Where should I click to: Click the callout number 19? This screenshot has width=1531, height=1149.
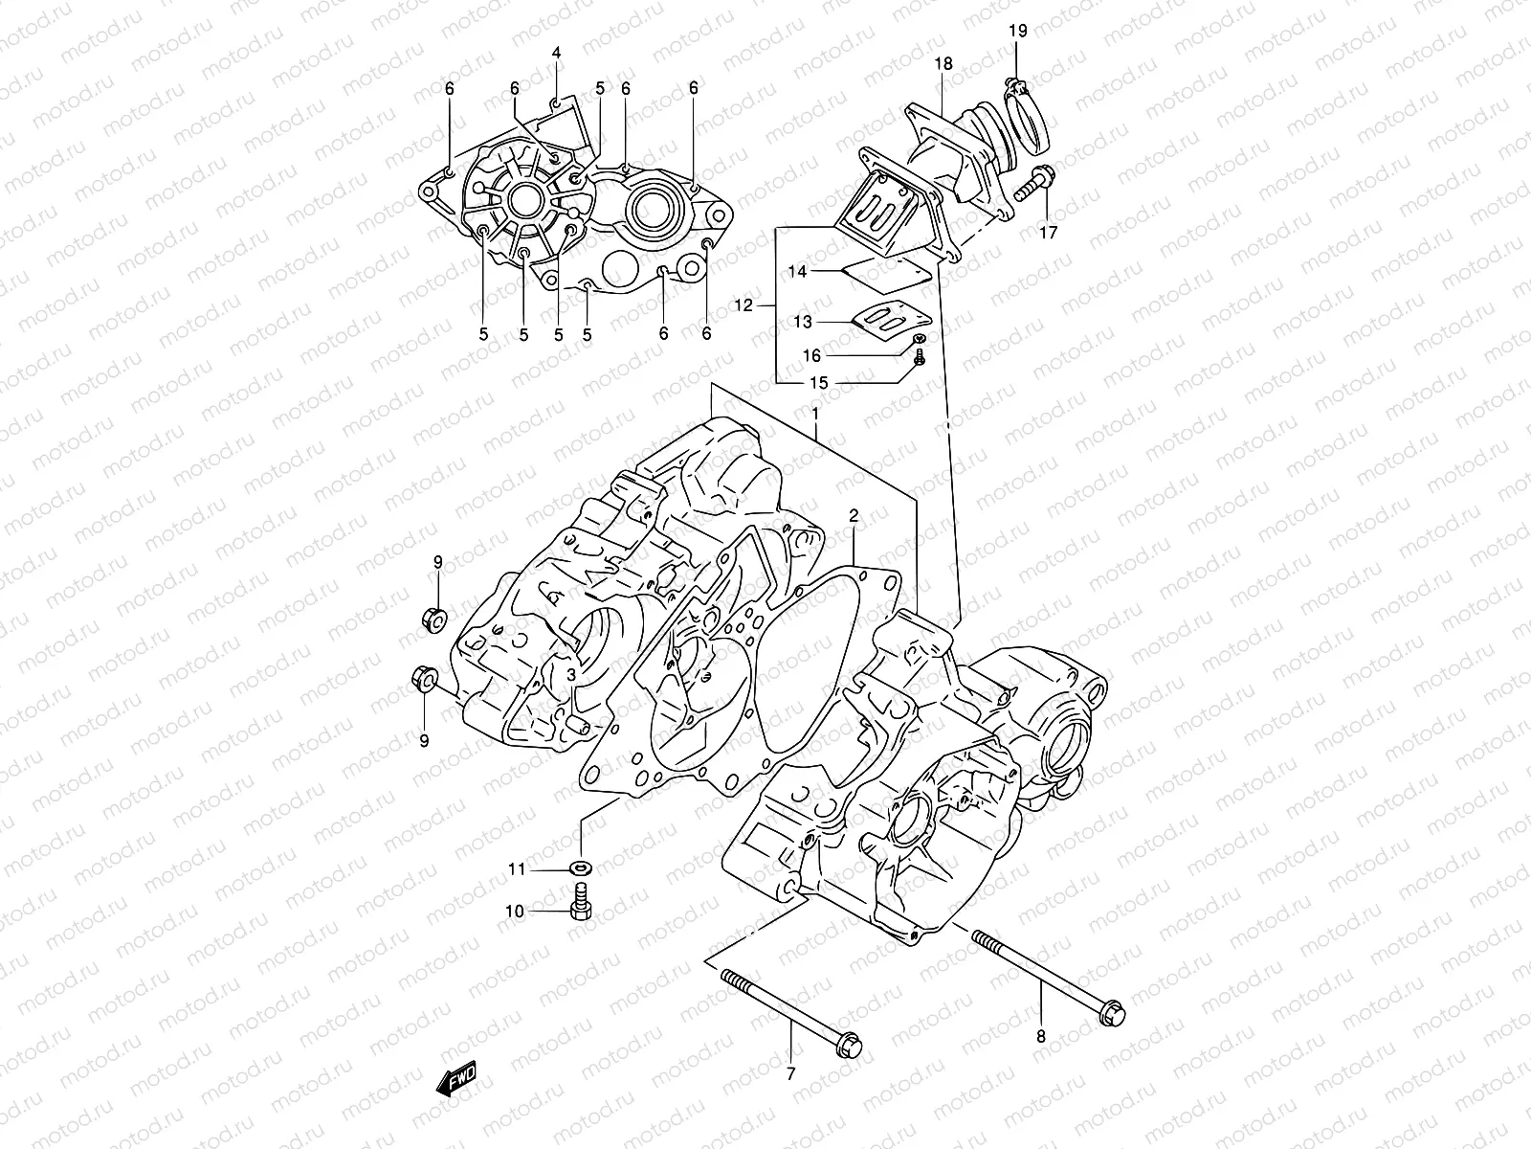click(x=1017, y=31)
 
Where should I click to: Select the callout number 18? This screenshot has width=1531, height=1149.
click(x=943, y=64)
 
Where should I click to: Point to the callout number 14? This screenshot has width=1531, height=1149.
click(x=797, y=272)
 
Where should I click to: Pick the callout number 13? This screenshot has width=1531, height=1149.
click(x=803, y=323)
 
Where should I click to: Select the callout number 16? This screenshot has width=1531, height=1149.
click(x=811, y=355)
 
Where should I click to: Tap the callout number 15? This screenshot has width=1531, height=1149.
click(x=819, y=382)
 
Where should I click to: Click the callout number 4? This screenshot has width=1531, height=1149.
click(x=556, y=51)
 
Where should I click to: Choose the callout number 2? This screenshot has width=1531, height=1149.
click(x=854, y=517)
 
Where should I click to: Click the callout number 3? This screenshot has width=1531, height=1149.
click(x=570, y=675)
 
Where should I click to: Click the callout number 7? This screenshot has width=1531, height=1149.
click(x=790, y=1073)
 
